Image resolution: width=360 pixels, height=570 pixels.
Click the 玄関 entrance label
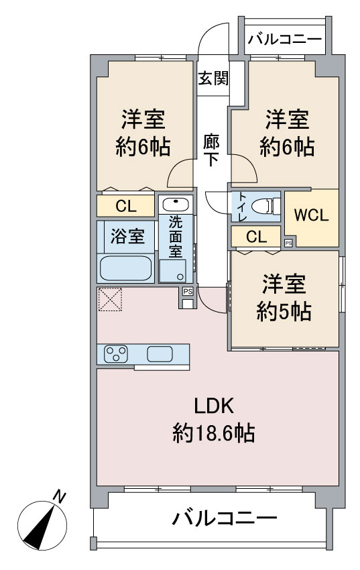[x=213, y=78]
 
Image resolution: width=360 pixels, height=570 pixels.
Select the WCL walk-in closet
[x=312, y=216]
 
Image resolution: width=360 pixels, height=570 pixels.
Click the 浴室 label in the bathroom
[x=127, y=236]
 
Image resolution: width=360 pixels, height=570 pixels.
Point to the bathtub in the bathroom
[x=126, y=268]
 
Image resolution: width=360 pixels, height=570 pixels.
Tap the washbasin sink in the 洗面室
[x=176, y=205]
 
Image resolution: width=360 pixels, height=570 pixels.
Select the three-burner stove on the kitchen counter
[x=116, y=353]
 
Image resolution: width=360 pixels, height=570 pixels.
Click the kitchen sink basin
[x=160, y=353]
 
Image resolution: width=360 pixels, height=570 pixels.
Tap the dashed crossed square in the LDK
[x=110, y=300]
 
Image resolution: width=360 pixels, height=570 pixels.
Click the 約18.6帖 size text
[x=213, y=434]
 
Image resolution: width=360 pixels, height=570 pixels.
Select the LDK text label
[x=213, y=406]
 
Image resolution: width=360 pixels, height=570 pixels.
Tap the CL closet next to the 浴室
[x=126, y=205]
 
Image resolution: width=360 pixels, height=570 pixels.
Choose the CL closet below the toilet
[x=255, y=236]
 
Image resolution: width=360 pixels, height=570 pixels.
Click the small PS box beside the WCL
[x=288, y=243]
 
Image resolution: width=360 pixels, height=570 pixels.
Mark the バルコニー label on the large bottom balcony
[x=223, y=518]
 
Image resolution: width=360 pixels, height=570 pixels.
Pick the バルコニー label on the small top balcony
[x=285, y=40]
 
